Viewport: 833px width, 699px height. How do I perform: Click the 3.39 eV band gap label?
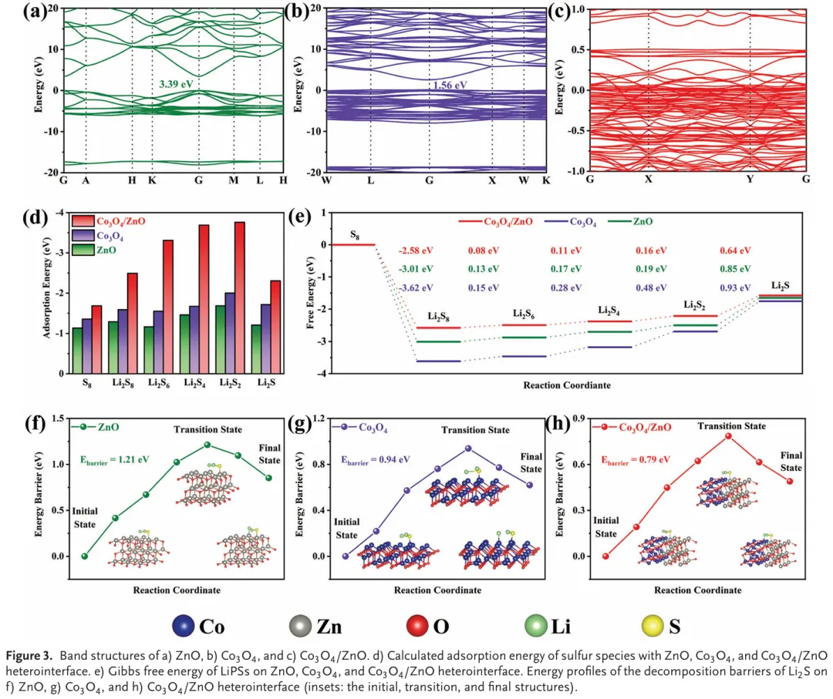click(176, 84)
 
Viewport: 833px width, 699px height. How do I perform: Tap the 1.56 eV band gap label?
click(450, 85)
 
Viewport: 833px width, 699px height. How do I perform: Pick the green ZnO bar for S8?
click(77, 351)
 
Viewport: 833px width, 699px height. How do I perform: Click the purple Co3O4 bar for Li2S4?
click(194, 340)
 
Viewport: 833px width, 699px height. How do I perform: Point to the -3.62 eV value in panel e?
click(416, 287)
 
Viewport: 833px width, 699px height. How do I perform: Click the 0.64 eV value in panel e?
click(735, 250)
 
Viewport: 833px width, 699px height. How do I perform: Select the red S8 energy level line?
click(352, 244)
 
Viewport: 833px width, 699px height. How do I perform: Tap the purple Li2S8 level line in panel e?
click(439, 361)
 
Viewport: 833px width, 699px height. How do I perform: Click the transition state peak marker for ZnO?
click(207, 445)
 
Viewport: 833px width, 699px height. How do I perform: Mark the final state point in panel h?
click(790, 482)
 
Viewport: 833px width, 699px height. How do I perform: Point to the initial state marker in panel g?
click(346, 556)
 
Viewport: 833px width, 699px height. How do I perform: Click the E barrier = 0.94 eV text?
click(375, 460)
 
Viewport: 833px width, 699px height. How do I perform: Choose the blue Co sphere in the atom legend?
click(184, 626)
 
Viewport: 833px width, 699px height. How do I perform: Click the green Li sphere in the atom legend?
click(535, 626)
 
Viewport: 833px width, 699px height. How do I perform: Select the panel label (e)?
click(299, 217)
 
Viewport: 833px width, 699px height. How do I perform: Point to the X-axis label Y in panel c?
click(750, 180)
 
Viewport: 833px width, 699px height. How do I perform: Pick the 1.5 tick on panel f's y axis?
click(59, 418)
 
